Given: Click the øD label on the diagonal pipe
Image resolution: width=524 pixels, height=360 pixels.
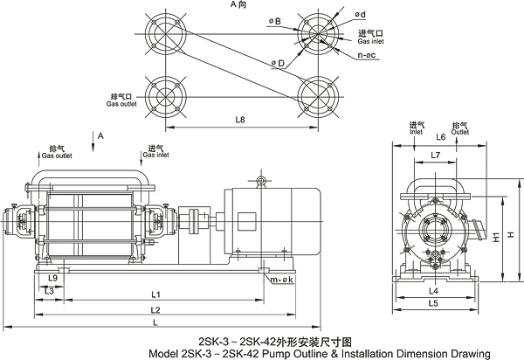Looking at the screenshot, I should (277, 62).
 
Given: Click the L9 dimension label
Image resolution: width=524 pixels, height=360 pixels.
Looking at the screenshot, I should (53, 278).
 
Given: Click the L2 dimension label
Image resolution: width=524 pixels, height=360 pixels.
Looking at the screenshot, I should (154, 309).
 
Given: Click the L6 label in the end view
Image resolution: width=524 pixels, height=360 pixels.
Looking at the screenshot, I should (440, 138).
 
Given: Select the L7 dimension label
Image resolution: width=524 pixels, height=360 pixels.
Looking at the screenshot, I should (437, 155).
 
